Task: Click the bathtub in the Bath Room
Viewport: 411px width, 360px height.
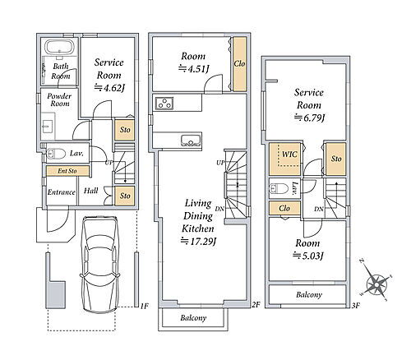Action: point(59,48)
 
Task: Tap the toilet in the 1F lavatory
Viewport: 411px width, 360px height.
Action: point(56,154)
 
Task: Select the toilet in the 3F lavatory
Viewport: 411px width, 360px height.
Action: point(279,188)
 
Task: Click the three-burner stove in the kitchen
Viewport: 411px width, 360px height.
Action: point(164,104)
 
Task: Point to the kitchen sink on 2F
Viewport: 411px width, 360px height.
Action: point(192,141)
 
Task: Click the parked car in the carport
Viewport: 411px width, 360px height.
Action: point(100,265)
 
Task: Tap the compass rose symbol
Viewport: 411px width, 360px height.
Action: point(377,285)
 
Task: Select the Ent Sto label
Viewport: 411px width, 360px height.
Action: point(67,171)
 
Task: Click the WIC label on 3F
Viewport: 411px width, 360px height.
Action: point(289,155)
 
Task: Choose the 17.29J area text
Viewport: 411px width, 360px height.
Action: point(198,242)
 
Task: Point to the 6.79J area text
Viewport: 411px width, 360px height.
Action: point(309,118)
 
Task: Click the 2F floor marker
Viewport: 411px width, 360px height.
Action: point(256,305)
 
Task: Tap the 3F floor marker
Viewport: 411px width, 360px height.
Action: point(355,306)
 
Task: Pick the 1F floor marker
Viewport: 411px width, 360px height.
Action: point(145,306)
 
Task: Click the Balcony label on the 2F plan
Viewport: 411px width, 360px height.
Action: point(193,318)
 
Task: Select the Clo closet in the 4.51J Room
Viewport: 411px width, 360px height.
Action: point(239,64)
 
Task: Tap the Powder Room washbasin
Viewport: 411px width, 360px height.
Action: point(48,127)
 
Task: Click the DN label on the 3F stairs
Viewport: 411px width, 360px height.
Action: point(319,209)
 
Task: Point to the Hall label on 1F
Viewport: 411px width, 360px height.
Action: point(90,191)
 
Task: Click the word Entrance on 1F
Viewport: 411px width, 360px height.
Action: point(61,192)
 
